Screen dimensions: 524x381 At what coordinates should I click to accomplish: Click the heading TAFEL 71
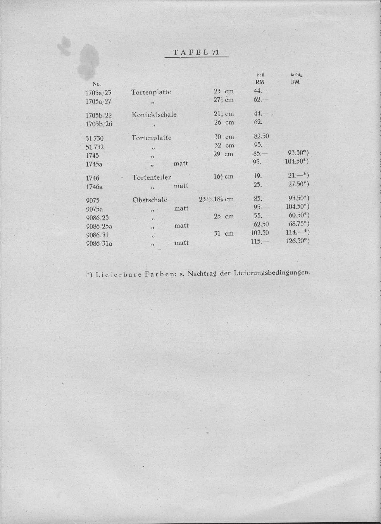pyautogui.click(x=196, y=52)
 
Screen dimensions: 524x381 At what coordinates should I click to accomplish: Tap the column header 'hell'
pyautogui.click(x=260, y=75)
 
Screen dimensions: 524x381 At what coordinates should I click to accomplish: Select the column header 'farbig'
pyautogui.click(x=296, y=75)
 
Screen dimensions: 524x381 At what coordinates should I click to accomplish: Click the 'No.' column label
pyautogui.click(x=97, y=84)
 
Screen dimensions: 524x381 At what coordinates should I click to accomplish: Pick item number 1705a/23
pyautogui.click(x=98, y=93)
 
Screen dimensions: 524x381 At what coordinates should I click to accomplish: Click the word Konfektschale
pyautogui.click(x=154, y=114)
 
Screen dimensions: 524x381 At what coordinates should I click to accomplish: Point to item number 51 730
pyautogui.click(x=95, y=139)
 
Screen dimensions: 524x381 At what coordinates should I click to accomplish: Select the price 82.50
pyautogui.click(x=261, y=136)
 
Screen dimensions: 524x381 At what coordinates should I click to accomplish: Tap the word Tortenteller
pyautogui.click(x=152, y=178)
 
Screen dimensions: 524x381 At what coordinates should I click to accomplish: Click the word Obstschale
pyautogui.click(x=150, y=200)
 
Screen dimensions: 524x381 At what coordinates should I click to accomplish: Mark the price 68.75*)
pyautogui.click(x=299, y=224)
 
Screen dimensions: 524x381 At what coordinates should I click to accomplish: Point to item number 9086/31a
pyautogui.click(x=99, y=244)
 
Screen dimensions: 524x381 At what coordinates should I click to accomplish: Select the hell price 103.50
pyautogui.click(x=260, y=233)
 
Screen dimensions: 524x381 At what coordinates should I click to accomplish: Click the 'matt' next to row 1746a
pyautogui.click(x=181, y=186)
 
